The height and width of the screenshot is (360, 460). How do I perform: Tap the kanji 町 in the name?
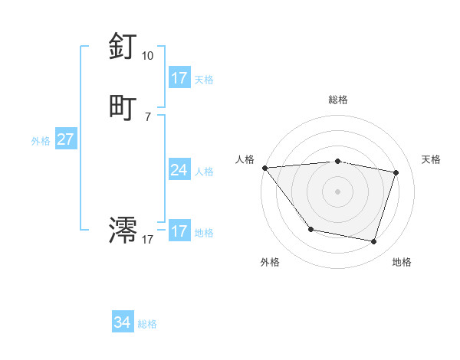point(123,107)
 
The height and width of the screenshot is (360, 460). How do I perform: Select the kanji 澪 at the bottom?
point(123,229)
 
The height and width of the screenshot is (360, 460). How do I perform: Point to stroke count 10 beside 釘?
point(147,56)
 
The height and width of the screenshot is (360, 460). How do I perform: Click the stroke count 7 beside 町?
point(147,116)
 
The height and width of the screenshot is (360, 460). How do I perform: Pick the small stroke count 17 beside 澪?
point(147,240)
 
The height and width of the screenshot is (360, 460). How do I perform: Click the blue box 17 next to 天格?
point(179,78)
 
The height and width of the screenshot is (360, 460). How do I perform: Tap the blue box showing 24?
point(179,170)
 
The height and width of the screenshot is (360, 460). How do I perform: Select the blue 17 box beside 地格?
point(179,231)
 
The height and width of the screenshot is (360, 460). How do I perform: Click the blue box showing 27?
point(65,140)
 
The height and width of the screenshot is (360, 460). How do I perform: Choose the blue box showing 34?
point(122,322)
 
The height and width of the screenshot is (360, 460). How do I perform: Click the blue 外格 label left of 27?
point(41,141)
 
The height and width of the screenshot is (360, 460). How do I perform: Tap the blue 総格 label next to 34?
point(147,324)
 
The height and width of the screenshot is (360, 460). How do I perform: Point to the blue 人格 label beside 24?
point(205,171)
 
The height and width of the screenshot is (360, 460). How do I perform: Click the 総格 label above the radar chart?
point(337,100)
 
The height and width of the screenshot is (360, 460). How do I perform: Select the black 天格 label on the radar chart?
point(431,159)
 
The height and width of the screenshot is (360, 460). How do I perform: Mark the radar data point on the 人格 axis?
point(264,168)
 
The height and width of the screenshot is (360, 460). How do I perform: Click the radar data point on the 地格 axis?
point(373,242)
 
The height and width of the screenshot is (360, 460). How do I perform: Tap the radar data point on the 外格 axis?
point(310,229)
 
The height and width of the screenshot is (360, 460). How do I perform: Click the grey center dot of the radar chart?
point(337,191)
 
